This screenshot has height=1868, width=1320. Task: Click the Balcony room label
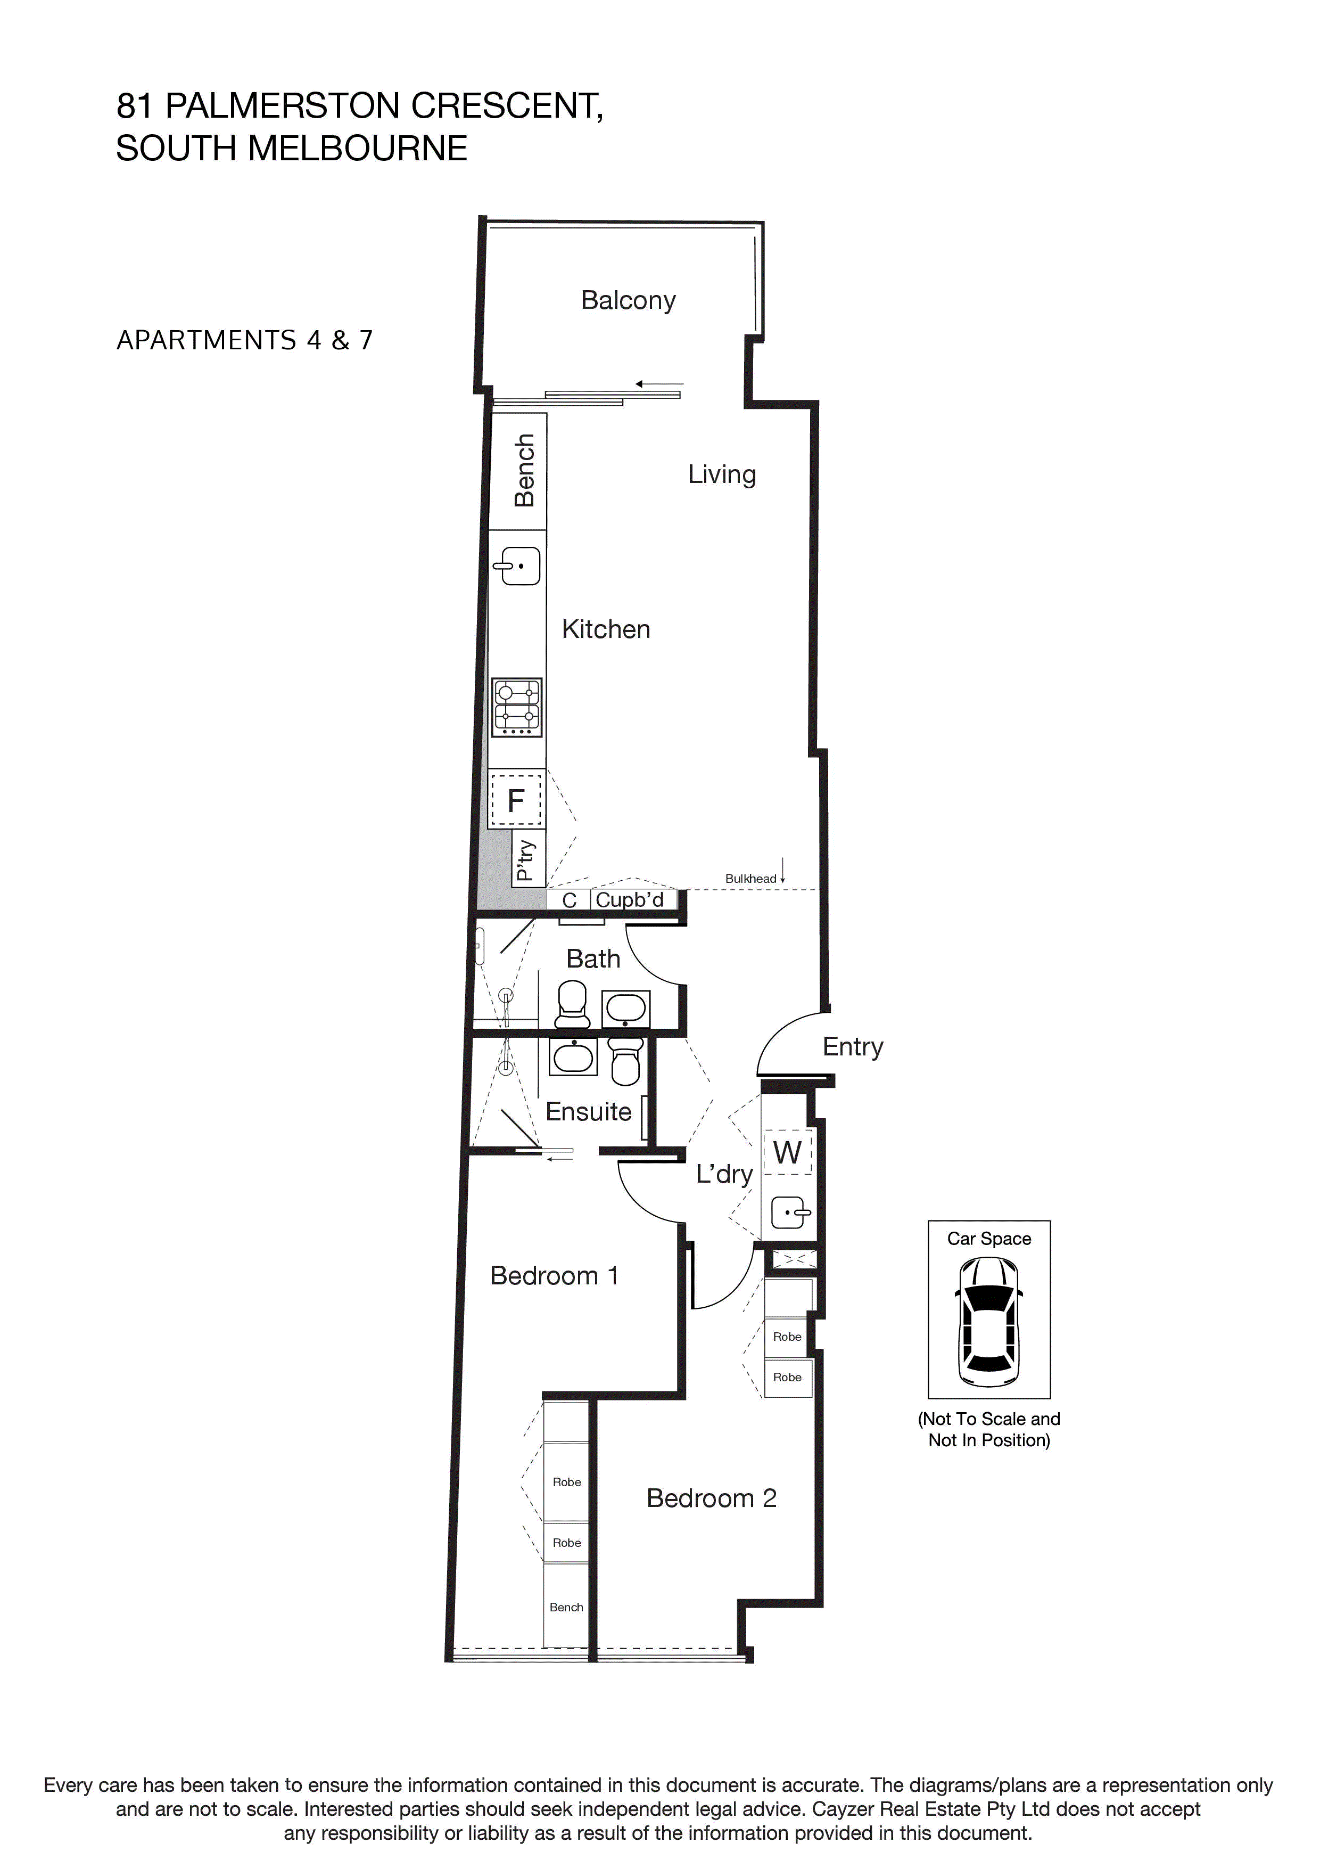coord(628,300)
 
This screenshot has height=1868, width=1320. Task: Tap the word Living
coord(721,474)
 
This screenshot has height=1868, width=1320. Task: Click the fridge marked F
coord(516,800)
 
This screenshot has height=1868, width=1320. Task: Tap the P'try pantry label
coord(525,860)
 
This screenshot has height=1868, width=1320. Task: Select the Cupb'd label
coord(630,900)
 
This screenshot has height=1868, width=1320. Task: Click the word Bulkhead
coord(750,879)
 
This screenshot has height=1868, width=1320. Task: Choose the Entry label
coord(852,1046)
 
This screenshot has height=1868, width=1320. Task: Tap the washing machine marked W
coord(787,1152)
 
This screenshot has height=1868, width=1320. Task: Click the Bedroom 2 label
coord(711,1498)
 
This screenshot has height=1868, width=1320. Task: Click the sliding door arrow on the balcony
coord(659,384)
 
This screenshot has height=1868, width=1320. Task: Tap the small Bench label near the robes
coord(566,1607)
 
